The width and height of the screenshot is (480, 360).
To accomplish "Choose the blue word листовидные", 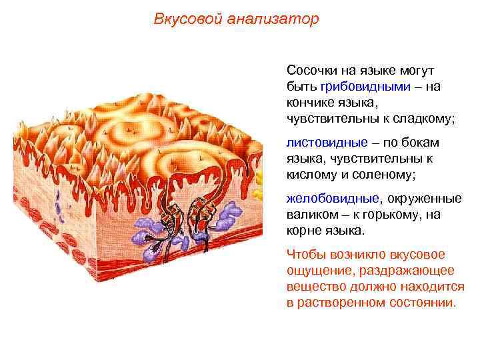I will pos(327,143).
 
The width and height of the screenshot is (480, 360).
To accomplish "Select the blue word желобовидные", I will pos(332,199).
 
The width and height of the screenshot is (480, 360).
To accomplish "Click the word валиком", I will pos(309,215).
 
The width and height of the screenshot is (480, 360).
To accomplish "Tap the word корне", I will pos(303,231).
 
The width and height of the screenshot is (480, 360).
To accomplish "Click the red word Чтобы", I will pos(305,255).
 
